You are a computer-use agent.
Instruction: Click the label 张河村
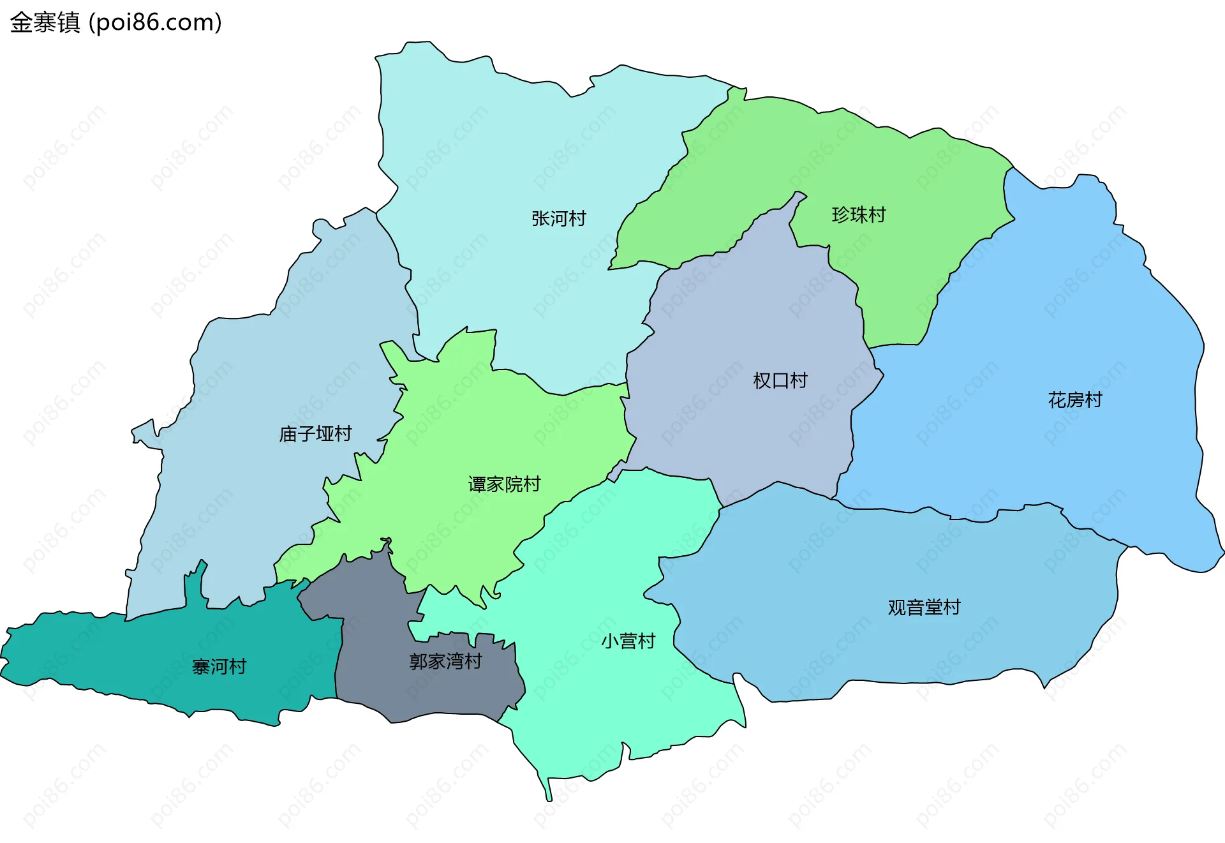pos(558,218)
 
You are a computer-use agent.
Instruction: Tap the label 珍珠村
pos(858,214)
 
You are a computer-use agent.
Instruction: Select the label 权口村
pos(780,380)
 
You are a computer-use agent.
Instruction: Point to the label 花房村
pos(1074,400)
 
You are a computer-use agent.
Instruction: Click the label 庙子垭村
pos(315,434)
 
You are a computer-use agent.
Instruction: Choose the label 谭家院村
pos(504,484)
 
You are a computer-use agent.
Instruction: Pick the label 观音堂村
pos(924,607)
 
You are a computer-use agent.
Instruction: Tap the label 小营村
pos(628,641)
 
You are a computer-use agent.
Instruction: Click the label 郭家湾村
pos(445,661)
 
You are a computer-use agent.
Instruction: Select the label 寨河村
pos(219,667)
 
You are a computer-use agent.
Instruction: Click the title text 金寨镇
pos(45,22)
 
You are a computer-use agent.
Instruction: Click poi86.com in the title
pos(156,22)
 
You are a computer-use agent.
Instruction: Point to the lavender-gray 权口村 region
pos(734,434)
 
